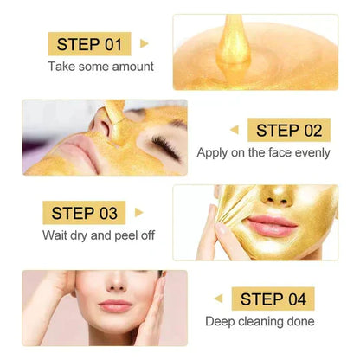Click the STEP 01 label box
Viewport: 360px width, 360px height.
coord(89,43)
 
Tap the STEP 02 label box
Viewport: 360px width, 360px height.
coord(289,130)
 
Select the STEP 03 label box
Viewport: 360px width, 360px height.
coord(83,213)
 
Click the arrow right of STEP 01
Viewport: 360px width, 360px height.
coord(145,43)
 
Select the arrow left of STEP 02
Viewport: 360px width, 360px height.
coord(235,130)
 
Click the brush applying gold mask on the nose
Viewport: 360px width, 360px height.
coord(115,112)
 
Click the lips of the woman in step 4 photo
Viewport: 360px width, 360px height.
coord(115,305)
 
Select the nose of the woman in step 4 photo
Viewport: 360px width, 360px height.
coord(114,287)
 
